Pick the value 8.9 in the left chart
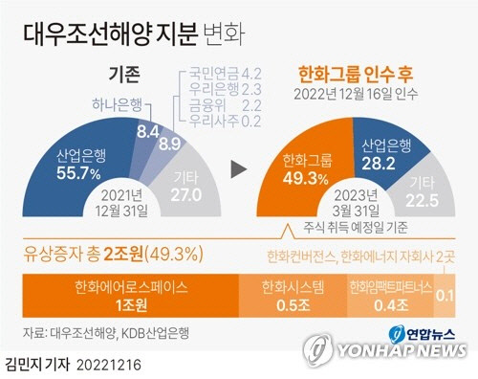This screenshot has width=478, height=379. (x=169, y=144)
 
